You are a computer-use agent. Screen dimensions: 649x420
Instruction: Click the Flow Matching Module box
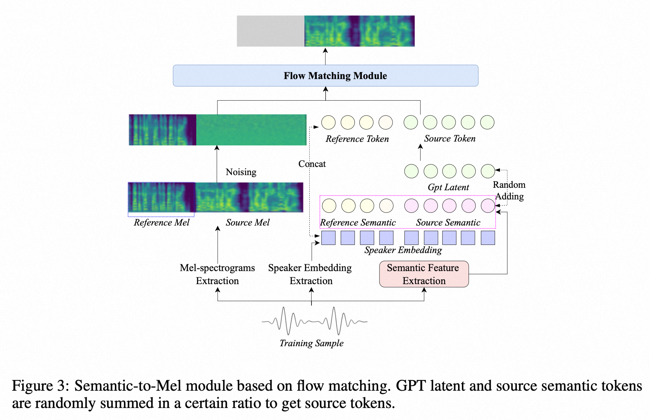click(x=326, y=76)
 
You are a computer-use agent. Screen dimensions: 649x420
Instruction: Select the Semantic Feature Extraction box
click(x=424, y=274)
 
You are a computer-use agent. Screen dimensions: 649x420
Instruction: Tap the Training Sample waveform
click(x=315, y=321)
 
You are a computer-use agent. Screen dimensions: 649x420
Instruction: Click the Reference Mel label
click(x=162, y=223)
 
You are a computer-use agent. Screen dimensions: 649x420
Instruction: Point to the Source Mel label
click(x=248, y=223)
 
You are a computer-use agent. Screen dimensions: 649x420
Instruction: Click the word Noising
click(x=241, y=172)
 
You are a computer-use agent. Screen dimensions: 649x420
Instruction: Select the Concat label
click(x=312, y=164)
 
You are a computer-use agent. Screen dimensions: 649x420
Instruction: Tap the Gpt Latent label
click(x=448, y=187)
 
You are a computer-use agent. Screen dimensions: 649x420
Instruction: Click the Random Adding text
click(x=509, y=191)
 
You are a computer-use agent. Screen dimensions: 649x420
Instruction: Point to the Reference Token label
click(x=357, y=139)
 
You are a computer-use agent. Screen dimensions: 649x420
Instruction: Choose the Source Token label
click(x=450, y=139)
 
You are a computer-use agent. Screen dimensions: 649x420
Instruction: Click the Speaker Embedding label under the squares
click(x=403, y=250)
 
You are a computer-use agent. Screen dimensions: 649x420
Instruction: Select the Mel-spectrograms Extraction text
click(x=217, y=274)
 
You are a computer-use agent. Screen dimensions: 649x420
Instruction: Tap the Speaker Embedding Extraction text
click(x=310, y=274)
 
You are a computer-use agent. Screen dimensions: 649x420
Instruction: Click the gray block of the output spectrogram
click(x=271, y=31)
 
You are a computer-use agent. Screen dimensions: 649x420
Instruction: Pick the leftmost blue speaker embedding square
click(x=328, y=238)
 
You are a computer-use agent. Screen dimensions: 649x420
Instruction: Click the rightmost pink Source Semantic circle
click(x=488, y=206)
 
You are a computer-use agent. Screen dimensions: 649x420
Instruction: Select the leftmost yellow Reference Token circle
click(x=328, y=122)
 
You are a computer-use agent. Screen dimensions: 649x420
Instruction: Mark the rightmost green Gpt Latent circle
click(x=488, y=171)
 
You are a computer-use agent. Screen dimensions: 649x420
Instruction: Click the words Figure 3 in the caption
click(x=41, y=386)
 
